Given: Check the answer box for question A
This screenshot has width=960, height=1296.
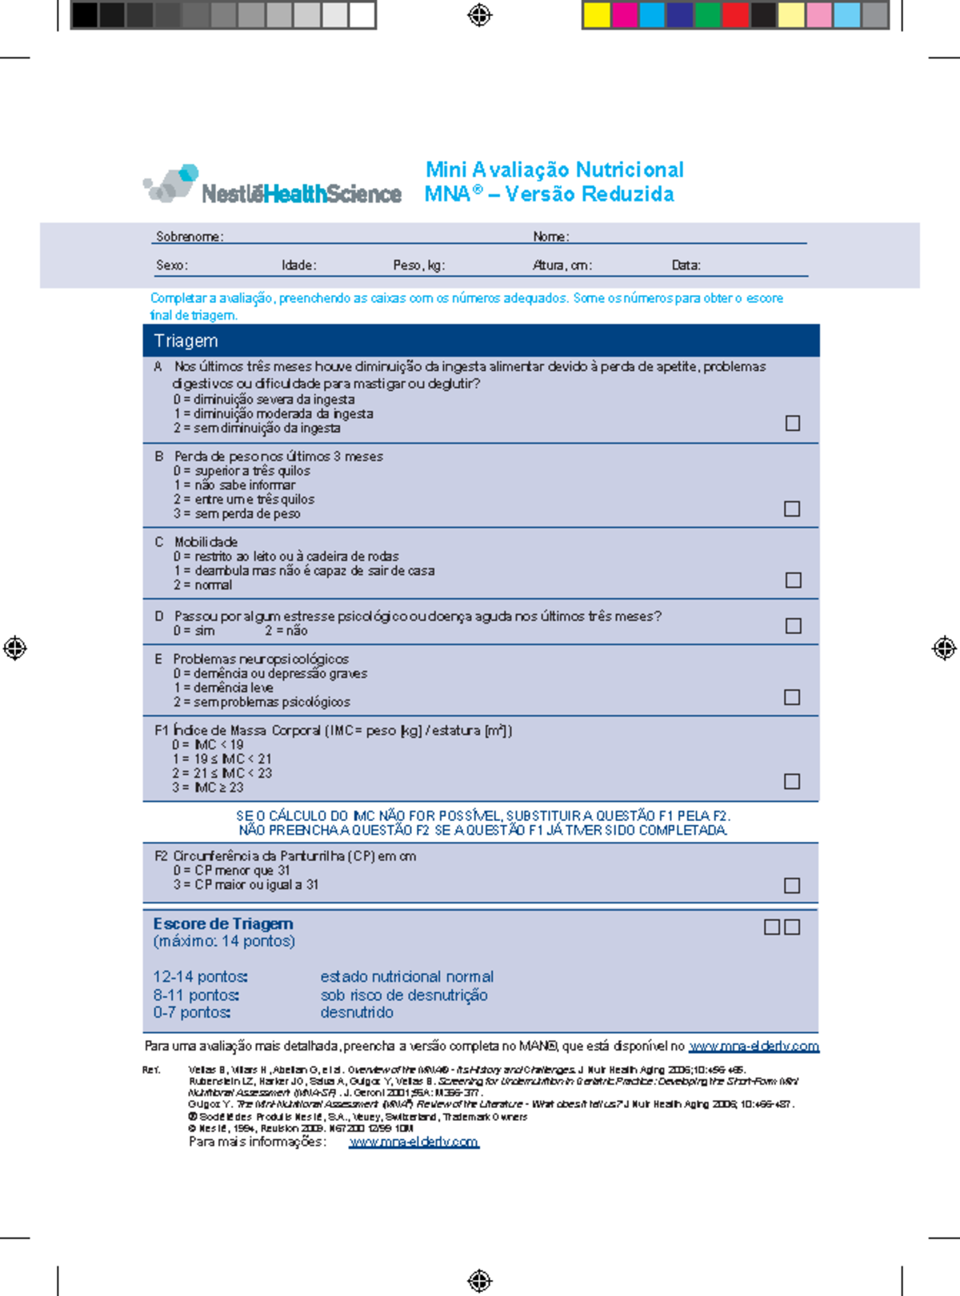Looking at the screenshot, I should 793,423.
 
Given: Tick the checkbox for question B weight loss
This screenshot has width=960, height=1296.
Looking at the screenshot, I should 792,508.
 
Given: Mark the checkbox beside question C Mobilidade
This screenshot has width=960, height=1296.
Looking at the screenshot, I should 793,580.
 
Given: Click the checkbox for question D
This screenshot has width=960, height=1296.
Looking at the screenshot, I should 793,625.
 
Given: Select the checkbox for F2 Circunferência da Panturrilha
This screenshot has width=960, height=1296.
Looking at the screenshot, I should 792,885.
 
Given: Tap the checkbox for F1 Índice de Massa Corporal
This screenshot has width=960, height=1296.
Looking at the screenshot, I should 792,781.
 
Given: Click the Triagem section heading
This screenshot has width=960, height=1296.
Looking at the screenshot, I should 186,341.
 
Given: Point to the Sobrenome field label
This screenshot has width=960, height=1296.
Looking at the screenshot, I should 189,237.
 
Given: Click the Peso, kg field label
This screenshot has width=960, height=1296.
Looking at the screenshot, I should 418,265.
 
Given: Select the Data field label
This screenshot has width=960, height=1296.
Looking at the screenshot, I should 686,265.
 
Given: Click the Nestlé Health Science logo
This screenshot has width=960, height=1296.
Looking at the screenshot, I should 272,186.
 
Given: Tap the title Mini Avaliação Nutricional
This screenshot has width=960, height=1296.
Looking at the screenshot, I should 554,169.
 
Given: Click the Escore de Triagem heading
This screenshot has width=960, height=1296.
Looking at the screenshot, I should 222,923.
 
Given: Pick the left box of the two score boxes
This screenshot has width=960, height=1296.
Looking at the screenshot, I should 772,927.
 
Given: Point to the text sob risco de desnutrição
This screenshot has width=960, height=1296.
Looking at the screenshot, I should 404,995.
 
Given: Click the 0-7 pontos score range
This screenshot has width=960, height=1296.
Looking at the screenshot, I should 192,1012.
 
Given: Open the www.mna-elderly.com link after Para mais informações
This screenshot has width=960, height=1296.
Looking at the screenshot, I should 414,1142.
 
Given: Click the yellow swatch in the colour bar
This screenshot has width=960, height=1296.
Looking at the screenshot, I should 597,15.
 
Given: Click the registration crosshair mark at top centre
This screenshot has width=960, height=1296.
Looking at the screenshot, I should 479,15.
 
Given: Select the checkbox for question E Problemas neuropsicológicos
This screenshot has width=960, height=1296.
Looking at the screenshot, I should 792,697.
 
